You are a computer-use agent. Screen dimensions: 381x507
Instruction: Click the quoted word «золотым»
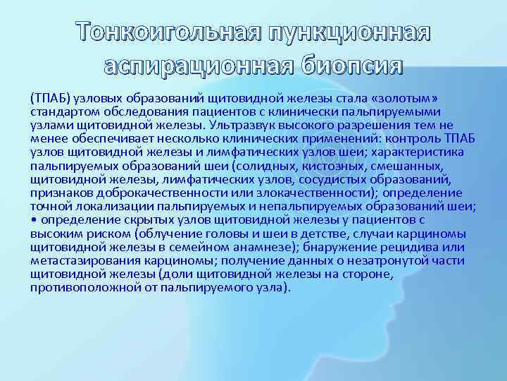(x=423, y=99)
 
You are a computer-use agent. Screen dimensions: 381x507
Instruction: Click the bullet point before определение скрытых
(x=33, y=218)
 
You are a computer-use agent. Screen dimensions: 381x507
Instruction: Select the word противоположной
(x=79, y=288)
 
